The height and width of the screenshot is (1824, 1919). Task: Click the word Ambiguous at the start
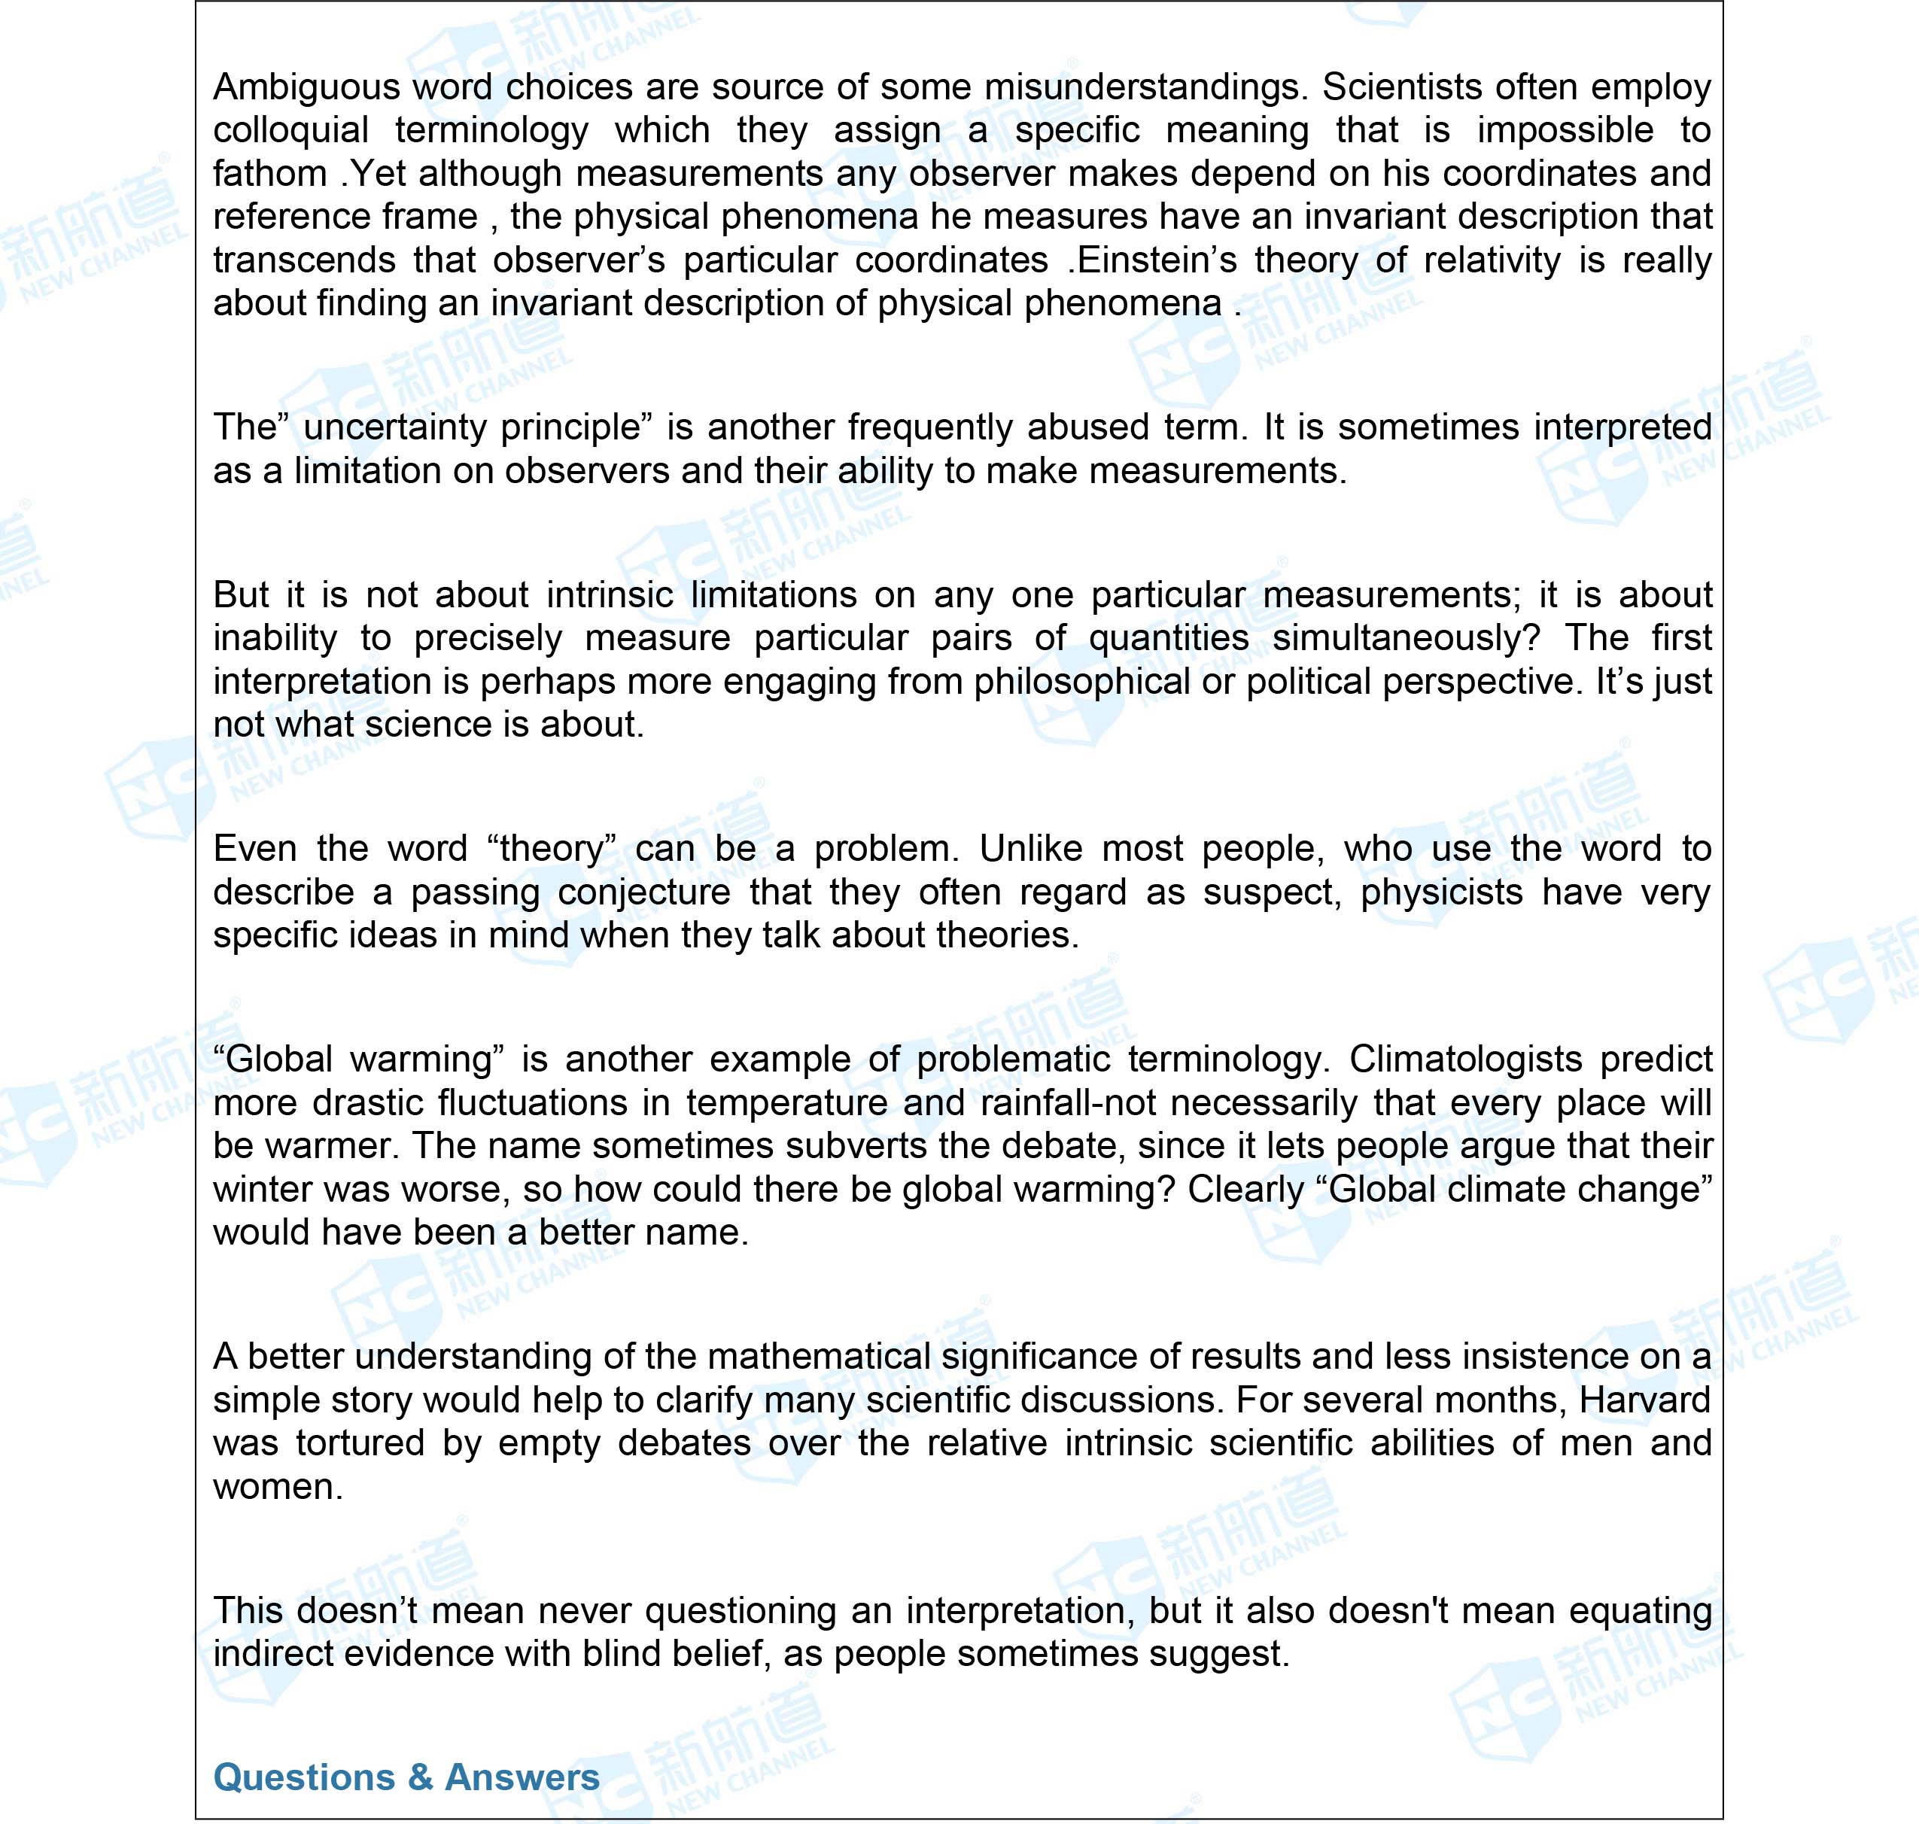[306, 87]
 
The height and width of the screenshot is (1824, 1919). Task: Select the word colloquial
[290, 130]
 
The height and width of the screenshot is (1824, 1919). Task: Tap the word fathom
[270, 174]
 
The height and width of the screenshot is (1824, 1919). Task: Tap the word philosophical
[1081, 682]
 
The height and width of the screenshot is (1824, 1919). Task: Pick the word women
[277, 1488]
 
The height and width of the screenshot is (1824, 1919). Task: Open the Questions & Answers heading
[406, 1777]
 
